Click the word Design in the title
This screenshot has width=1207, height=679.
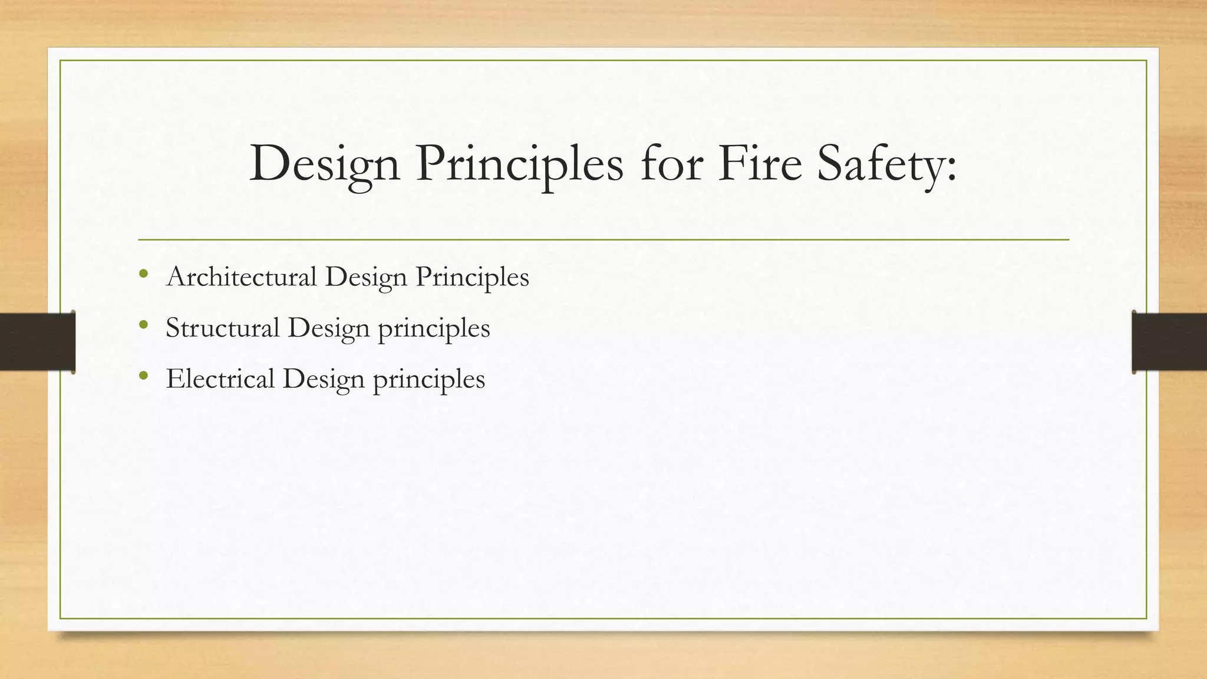[x=325, y=164]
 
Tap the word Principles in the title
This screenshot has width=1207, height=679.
[x=519, y=164]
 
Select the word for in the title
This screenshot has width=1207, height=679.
[x=671, y=164]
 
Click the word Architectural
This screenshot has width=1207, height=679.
[x=242, y=276]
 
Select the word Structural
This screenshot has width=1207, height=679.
[x=223, y=328]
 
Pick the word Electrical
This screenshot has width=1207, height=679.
[x=220, y=378]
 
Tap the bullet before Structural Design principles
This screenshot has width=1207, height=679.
[x=143, y=325]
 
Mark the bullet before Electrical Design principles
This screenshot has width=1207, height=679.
[x=143, y=375]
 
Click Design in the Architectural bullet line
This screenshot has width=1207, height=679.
[x=366, y=277]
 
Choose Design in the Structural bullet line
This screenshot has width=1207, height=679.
[x=329, y=328]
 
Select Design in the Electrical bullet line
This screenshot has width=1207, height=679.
[x=324, y=379]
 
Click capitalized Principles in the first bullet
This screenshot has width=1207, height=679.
[x=472, y=277]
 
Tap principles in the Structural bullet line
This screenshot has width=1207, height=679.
[x=434, y=329]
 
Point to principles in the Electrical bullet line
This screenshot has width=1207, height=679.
[x=429, y=380]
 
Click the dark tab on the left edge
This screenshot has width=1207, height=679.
[x=37, y=342]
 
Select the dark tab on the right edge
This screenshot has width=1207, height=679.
[x=1169, y=342]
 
